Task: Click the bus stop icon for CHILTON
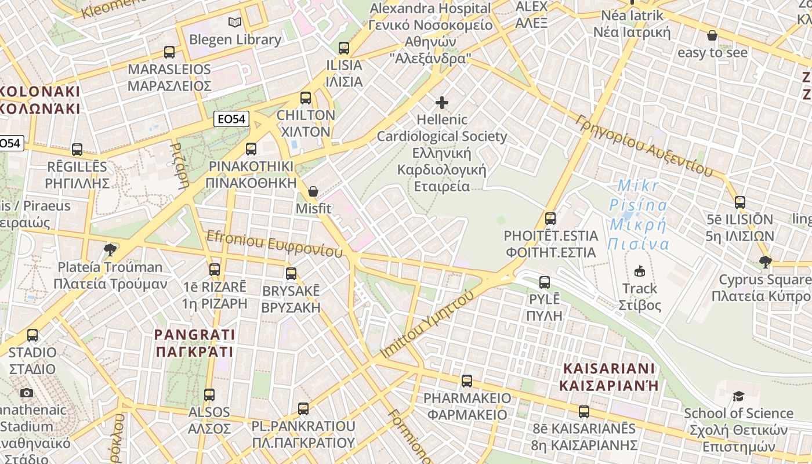click(306, 98)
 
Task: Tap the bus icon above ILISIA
click(344, 48)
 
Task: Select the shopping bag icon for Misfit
click(313, 191)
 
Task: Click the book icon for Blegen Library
click(234, 23)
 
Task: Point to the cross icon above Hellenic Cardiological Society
click(442, 103)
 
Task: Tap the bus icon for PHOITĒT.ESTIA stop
click(550, 219)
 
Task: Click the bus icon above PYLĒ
click(545, 282)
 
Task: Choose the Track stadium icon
click(640, 271)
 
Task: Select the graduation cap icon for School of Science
click(738, 396)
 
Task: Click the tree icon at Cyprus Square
click(766, 262)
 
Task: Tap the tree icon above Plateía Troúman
click(109, 250)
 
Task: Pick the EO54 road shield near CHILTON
click(231, 119)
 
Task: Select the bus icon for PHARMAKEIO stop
click(467, 381)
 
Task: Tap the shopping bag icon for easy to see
click(712, 36)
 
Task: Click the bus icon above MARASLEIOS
click(169, 52)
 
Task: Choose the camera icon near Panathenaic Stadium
click(27, 393)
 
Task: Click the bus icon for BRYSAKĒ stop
click(291, 274)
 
